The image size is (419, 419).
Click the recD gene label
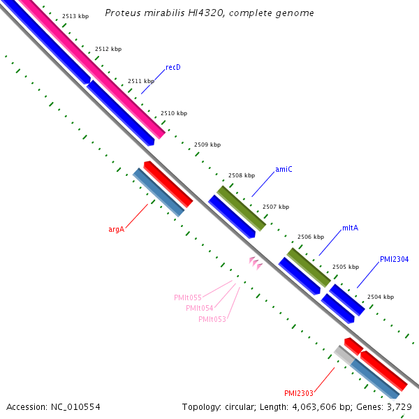point(173,68)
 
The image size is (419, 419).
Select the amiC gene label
point(284,169)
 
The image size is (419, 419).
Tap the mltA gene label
point(350,228)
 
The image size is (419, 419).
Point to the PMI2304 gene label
point(394,259)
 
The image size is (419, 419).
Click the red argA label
point(116,229)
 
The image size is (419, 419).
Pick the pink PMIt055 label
point(188,297)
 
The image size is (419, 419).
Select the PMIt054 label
point(200,308)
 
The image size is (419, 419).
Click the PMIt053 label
point(212,319)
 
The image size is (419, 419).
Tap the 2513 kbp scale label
point(75,15)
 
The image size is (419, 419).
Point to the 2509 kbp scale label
point(207,145)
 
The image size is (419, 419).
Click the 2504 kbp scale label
point(380,297)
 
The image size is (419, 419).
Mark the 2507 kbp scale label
point(275,207)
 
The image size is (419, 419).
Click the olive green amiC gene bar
point(241,208)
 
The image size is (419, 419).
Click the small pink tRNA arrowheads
point(255,263)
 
